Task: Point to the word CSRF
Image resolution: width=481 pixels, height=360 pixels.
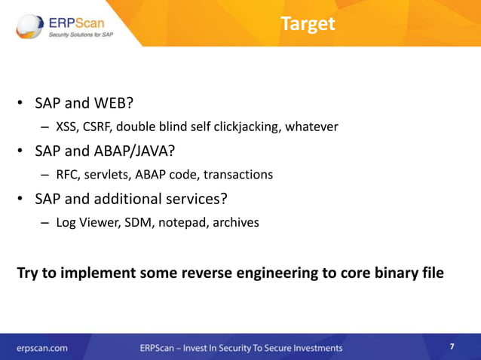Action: coord(100,127)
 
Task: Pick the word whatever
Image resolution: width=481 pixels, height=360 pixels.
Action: coord(311,127)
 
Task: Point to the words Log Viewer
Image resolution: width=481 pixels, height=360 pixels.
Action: coord(86,223)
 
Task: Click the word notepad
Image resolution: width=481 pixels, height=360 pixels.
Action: coord(182,223)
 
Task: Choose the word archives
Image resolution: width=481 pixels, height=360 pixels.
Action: coord(235,223)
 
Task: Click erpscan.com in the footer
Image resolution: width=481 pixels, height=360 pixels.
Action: coord(43,348)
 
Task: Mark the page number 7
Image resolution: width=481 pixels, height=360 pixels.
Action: coord(452,346)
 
